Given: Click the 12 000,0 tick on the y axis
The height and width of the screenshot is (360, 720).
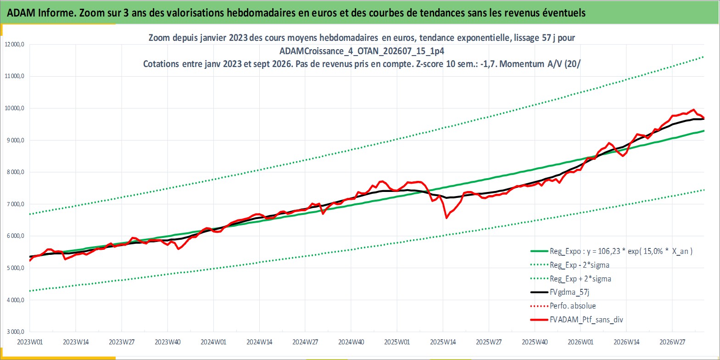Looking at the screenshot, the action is point(14,45).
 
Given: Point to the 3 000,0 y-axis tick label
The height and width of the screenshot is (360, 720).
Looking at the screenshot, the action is point(15,332).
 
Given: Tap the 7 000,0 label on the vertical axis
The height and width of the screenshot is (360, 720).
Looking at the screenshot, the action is point(15,204).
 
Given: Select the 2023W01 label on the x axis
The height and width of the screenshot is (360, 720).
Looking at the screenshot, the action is point(30,342).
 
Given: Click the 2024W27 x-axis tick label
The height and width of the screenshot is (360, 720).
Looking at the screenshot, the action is point(305,342).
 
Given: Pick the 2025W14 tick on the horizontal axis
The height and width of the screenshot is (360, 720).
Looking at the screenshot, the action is point(443,342).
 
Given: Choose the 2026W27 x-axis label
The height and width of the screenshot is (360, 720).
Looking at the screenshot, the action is point(672,342).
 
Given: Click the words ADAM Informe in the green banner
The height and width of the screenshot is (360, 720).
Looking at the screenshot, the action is point(41,13).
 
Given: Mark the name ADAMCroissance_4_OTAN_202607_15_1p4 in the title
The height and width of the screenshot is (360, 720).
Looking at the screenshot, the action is point(362,51).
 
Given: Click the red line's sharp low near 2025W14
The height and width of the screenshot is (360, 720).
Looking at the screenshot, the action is point(447,218).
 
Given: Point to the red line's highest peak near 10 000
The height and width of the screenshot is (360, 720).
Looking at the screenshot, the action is point(694,110).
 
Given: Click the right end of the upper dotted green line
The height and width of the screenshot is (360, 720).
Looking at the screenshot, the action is point(703,57).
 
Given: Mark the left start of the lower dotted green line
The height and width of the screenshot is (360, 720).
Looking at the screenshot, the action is point(30,291).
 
